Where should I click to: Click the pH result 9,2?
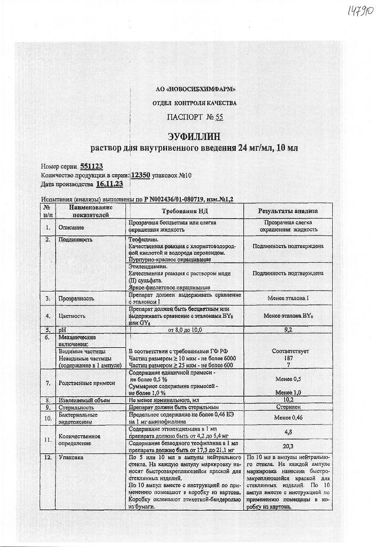pos(288,330)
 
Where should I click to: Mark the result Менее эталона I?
pos(288,298)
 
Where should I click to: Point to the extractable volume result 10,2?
pos(288,399)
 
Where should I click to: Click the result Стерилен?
pos(288,407)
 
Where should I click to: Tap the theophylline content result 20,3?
pos(288,446)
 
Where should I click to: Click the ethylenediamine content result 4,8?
pos(288,432)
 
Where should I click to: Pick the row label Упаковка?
pos(72,458)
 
